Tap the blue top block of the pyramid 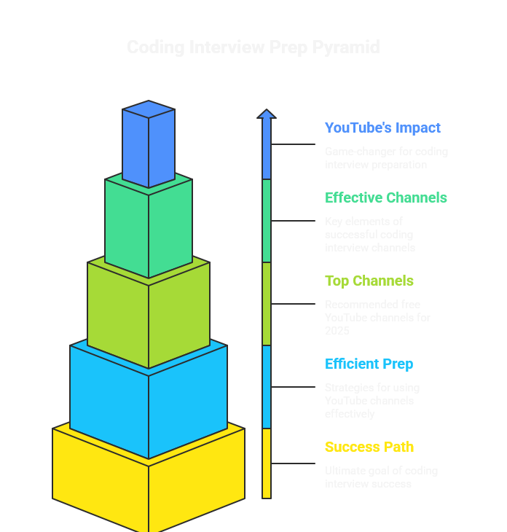149,146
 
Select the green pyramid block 149,226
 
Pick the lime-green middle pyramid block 149,313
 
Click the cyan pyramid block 149,401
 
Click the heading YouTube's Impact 382,128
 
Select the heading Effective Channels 386,197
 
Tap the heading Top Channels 369,281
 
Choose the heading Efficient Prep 369,364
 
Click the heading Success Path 369,447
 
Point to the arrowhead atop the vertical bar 267,114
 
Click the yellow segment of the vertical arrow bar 267,463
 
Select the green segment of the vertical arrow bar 267,220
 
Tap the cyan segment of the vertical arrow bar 267,386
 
